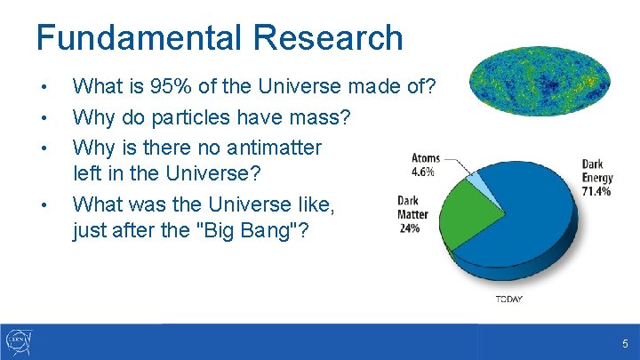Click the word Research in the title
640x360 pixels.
point(328,38)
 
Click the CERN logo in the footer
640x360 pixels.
point(20,341)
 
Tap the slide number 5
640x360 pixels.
point(625,343)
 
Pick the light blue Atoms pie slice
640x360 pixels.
point(481,182)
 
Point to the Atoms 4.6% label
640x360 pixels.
point(426,165)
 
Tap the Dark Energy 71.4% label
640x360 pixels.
point(595,178)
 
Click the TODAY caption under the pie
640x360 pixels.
point(508,300)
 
